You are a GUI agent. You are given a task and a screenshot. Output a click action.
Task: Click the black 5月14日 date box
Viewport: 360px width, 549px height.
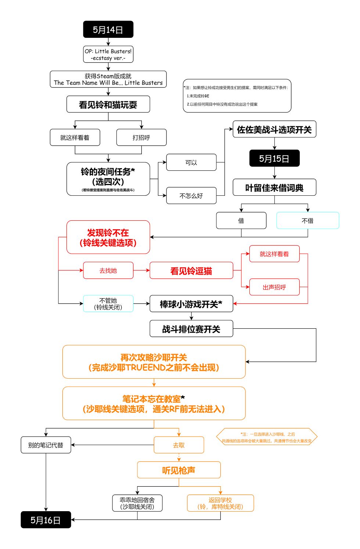click(x=108, y=29)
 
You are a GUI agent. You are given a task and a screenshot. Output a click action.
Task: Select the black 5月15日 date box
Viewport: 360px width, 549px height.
click(x=274, y=158)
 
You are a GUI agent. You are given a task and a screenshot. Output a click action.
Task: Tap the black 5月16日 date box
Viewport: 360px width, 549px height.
click(x=46, y=520)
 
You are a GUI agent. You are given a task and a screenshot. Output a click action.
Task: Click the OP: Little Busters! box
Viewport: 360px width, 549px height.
click(x=108, y=54)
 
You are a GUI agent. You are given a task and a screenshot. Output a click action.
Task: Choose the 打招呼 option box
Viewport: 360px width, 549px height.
click(x=141, y=137)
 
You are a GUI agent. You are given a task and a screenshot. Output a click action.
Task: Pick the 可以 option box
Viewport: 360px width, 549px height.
click(x=191, y=162)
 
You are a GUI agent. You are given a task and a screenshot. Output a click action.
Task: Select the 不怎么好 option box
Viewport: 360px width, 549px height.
click(x=191, y=196)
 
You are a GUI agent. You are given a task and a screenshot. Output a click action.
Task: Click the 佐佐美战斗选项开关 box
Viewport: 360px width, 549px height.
click(x=274, y=129)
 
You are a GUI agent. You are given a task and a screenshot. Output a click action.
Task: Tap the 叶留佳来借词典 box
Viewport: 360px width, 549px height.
click(x=274, y=188)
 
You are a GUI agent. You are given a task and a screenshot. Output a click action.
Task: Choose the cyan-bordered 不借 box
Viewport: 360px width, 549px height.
click(x=307, y=220)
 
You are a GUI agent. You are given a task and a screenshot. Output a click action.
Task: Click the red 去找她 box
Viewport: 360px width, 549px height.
click(x=108, y=271)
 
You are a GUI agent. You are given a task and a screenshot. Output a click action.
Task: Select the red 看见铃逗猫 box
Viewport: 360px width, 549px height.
click(x=191, y=271)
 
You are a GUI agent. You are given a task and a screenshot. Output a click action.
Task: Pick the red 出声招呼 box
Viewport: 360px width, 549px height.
click(x=274, y=287)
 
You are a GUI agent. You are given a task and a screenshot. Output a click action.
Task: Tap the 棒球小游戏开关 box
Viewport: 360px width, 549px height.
click(x=191, y=304)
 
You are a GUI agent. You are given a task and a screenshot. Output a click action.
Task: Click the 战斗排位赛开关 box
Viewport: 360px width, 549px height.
click(x=191, y=329)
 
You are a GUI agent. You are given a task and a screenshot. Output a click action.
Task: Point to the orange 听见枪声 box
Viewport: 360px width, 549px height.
click(x=179, y=470)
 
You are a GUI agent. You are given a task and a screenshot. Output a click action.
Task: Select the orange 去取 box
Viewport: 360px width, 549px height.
click(x=179, y=445)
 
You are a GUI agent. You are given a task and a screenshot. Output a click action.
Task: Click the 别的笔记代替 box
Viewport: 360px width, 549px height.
click(x=46, y=445)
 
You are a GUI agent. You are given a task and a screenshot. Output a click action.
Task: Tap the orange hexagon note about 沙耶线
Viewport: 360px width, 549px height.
click(x=266, y=437)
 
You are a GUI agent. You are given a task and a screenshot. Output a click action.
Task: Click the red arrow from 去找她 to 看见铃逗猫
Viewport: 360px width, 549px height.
click(x=141, y=271)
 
